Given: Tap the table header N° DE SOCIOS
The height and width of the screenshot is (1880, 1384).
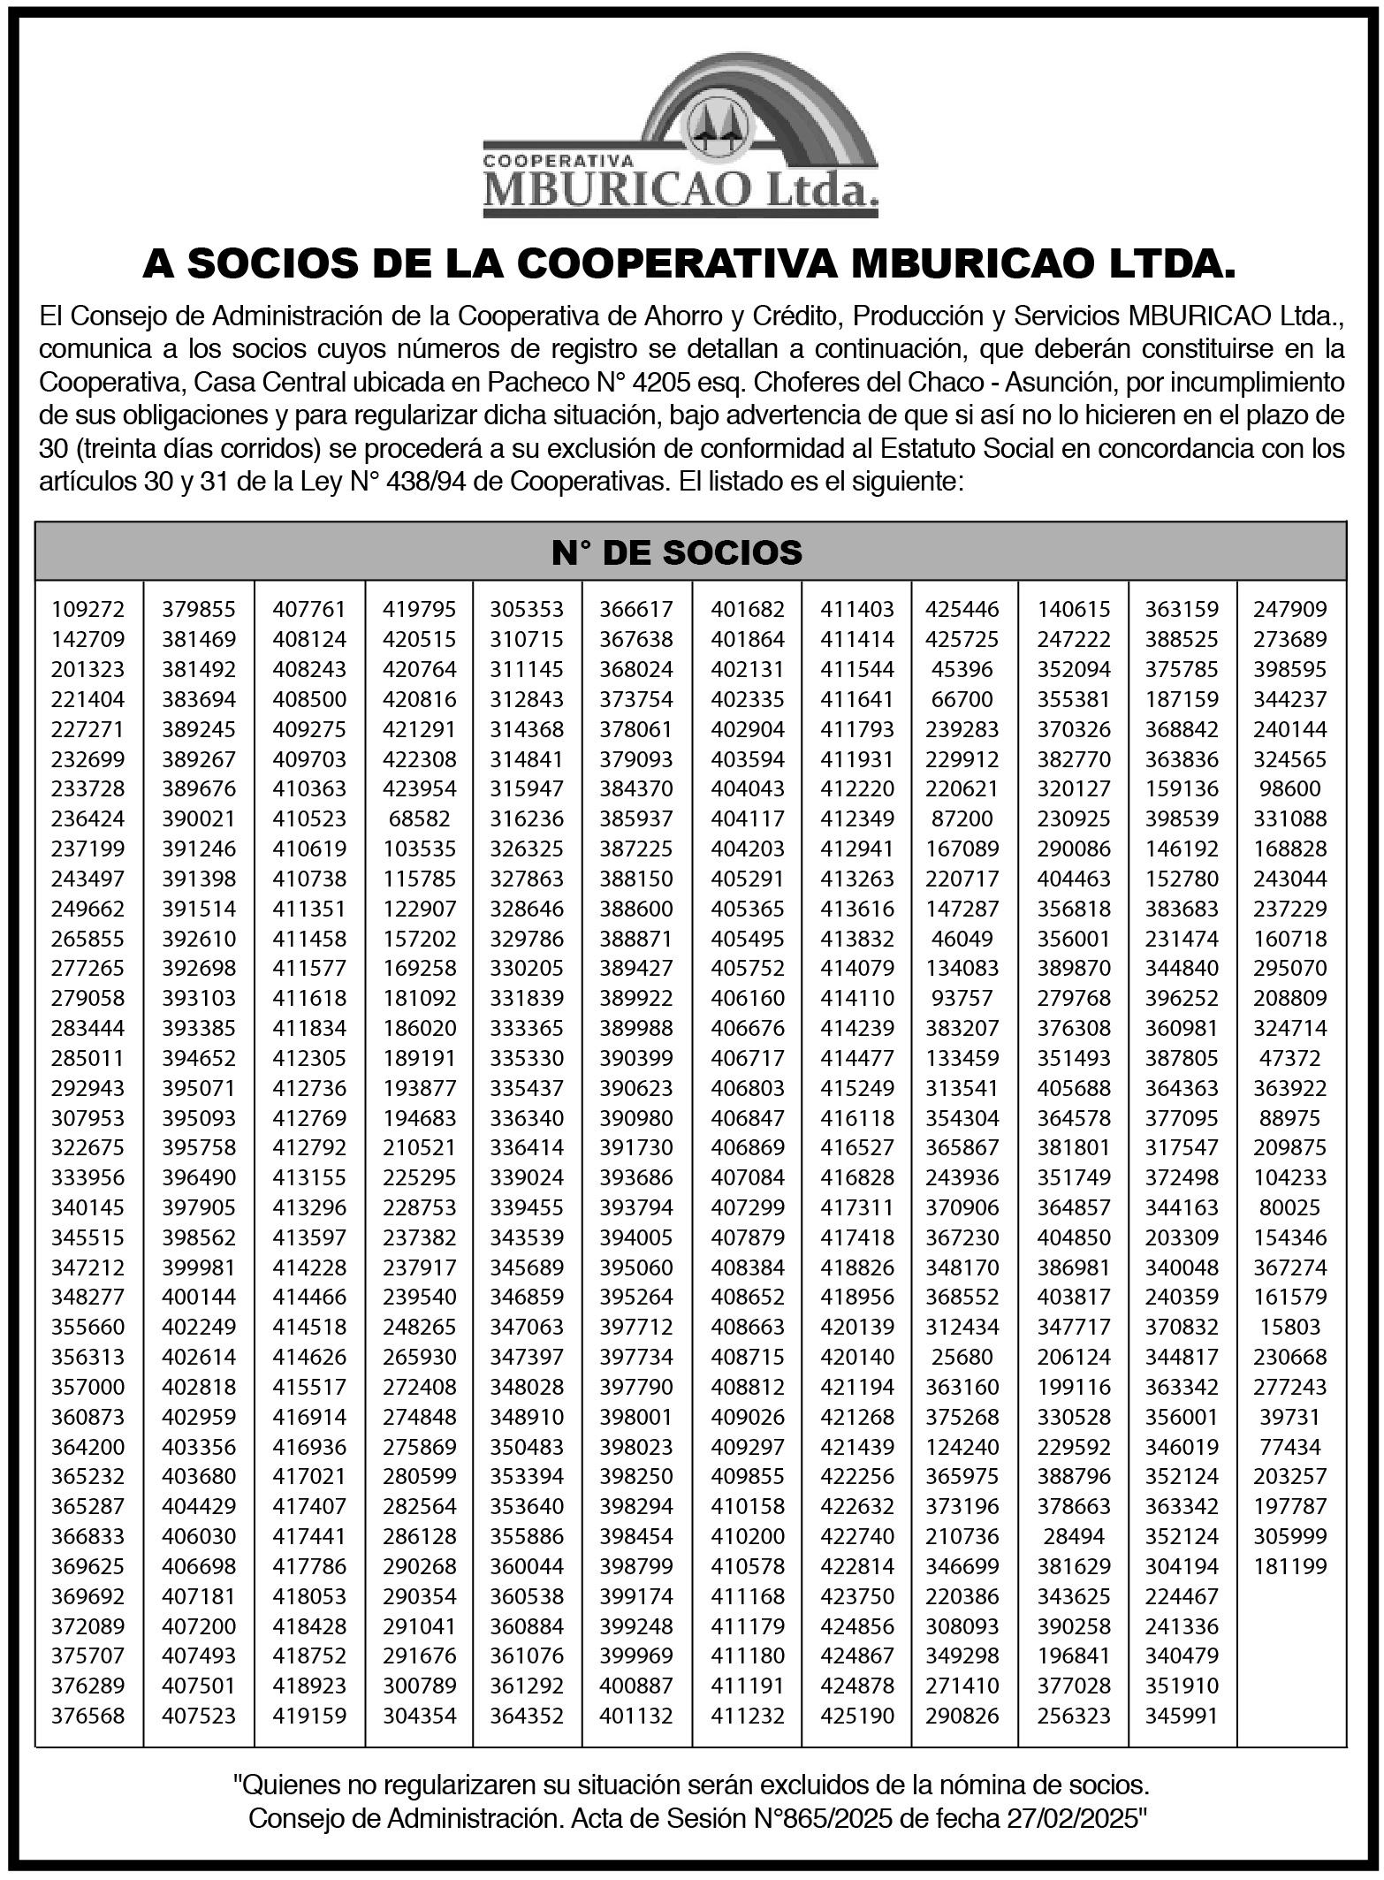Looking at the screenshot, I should pos(676,552).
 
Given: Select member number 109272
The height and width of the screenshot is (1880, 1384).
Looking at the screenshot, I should pos(88,609).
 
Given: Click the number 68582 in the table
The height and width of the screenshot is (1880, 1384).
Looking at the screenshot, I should pos(420,818).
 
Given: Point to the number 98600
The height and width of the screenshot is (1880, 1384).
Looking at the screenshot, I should pos(1290,788).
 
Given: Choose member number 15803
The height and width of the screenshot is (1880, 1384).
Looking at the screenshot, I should pos(1290,1327).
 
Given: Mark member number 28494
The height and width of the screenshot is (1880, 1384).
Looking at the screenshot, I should pos(1074,1536).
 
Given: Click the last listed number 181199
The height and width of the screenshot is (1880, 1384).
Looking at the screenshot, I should pos(1290,1566).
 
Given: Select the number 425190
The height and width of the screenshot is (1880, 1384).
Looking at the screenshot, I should pos(857,1716).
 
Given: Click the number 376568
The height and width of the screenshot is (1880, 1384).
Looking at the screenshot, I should pos(88,1716).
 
